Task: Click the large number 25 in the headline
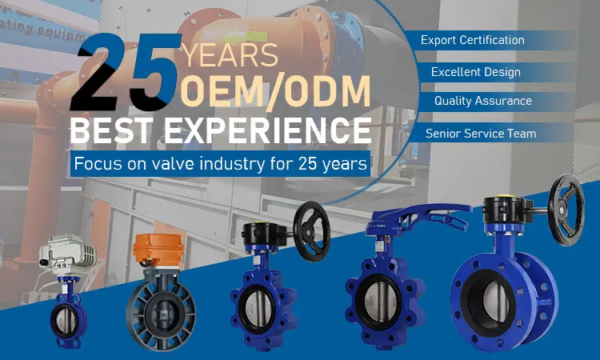point(125,73)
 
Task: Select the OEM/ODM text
point(275,92)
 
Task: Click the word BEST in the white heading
point(112,130)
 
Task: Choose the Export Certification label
point(473,40)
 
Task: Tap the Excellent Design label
point(476,72)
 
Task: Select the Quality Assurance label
point(483,101)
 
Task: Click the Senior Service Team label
point(481,134)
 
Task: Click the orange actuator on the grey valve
point(158,250)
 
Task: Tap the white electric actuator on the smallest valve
point(68,254)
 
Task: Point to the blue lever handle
point(419,218)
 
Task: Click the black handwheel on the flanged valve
point(566,210)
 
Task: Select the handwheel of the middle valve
point(312,231)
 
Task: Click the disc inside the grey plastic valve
point(161,314)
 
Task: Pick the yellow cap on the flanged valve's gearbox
point(503,197)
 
